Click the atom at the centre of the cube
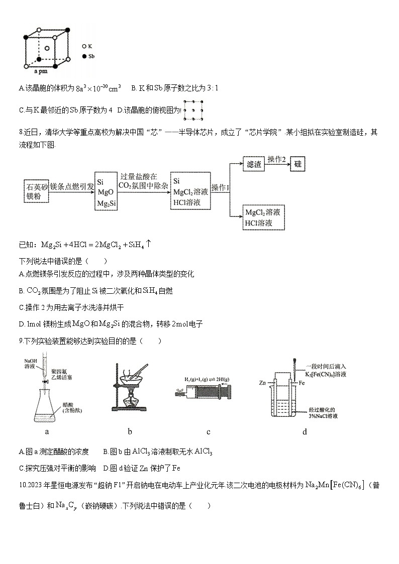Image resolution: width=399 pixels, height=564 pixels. click(47, 48)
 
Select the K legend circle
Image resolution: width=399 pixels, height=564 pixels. click(84, 46)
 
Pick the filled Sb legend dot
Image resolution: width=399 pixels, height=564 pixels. click(84, 56)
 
